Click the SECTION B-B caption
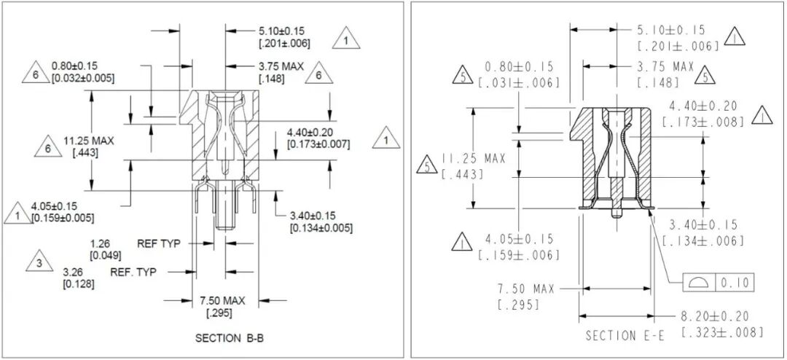230,338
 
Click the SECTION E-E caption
625,335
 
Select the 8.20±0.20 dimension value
714,317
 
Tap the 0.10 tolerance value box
735,283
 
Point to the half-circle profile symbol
699,283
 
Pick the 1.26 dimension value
99,244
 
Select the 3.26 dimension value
71,273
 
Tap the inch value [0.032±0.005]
83,78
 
